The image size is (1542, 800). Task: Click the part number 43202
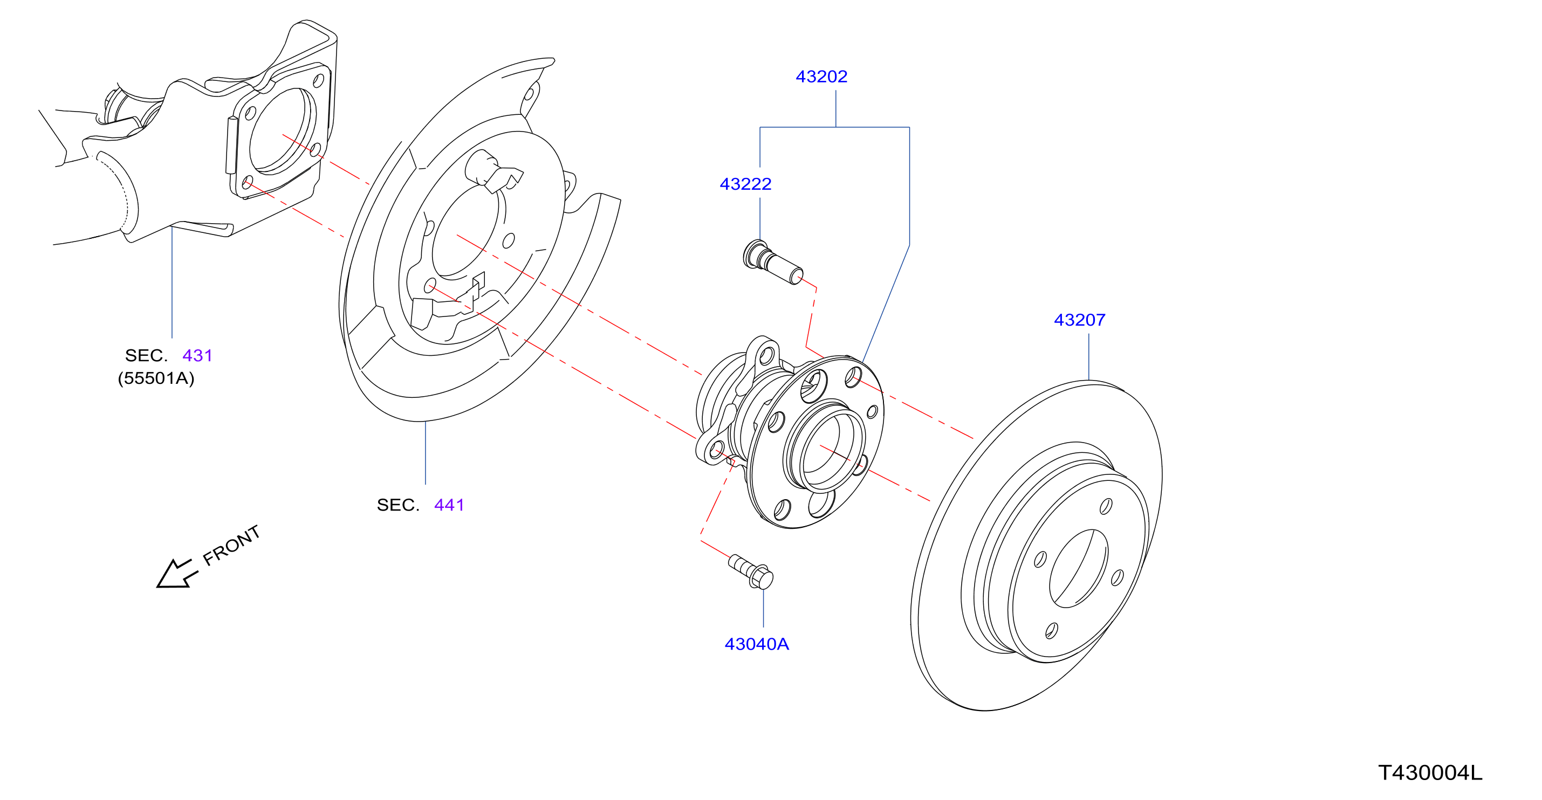coord(821,77)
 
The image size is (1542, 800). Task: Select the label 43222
coord(745,184)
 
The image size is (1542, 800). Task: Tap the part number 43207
coord(1079,320)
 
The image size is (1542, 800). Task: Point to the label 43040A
coord(757,644)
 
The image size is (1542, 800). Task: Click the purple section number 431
coord(197,355)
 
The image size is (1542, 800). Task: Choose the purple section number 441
coord(449,505)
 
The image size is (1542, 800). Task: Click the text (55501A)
coord(156,378)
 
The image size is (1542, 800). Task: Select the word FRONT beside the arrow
coord(232,545)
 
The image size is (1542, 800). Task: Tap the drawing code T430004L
coord(1430,773)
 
